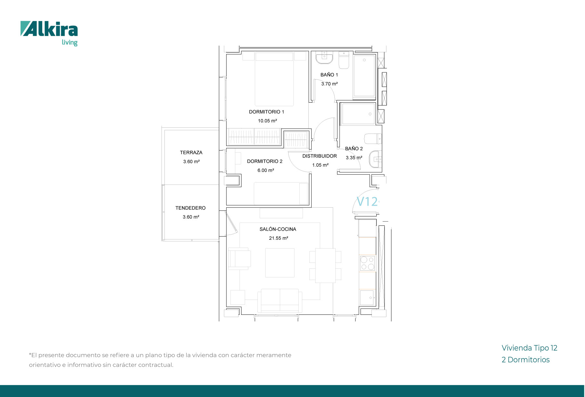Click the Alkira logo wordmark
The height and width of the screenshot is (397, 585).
(x=49, y=29)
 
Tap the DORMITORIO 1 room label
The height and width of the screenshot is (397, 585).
(x=266, y=112)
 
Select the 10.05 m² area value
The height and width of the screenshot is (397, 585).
(x=267, y=121)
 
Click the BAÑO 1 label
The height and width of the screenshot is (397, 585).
(x=329, y=75)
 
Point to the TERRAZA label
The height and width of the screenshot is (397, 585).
(x=191, y=152)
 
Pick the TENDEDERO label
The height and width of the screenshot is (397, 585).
(x=190, y=208)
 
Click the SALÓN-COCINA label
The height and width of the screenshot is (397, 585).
(x=278, y=229)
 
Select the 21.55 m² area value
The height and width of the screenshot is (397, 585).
(x=279, y=238)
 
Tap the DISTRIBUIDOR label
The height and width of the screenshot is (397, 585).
(x=319, y=156)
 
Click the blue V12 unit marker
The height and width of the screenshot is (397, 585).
(x=367, y=202)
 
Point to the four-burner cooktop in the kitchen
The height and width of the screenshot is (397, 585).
(x=367, y=263)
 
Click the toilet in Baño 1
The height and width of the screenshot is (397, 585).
(x=344, y=60)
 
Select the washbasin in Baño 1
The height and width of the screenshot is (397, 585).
(x=324, y=58)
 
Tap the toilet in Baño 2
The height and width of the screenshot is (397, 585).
(x=373, y=139)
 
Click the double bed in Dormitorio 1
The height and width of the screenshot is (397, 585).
(x=274, y=79)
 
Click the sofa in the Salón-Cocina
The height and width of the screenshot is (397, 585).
(x=280, y=301)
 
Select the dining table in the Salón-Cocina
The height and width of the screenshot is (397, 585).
(x=325, y=265)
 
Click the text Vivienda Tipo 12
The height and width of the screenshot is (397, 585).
(x=529, y=348)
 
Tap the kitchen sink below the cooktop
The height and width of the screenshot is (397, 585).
(x=367, y=298)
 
